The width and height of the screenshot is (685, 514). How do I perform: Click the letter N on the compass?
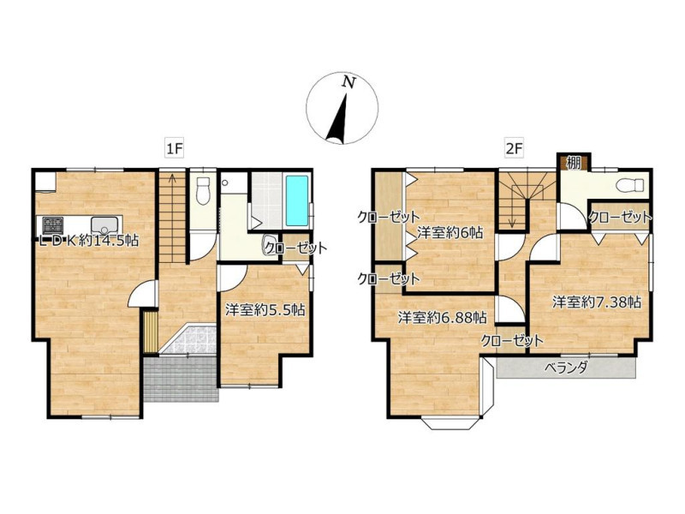click(x=348, y=82)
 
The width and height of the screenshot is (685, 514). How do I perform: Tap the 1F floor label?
click(x=174, y=148)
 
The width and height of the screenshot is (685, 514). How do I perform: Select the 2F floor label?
click(x=515, y=148)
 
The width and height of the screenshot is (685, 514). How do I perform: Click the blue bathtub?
click(x=297, y=200)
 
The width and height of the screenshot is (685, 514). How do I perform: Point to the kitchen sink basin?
click(x=104, y=225)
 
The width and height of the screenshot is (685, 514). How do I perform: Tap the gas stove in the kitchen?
click(x=52, y=225)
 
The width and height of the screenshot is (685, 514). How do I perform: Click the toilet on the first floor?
click(x=203, y=191)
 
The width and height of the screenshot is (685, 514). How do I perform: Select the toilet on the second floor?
click(x=630, y=185)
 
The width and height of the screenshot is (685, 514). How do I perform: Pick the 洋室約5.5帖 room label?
click(x=265, y=310)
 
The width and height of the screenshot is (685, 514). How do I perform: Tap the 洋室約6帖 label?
click(x=450, y=233)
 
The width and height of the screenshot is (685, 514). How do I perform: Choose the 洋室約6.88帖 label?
click(x=442, y=317)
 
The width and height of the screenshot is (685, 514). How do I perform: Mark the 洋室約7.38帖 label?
click(x=596, y=302)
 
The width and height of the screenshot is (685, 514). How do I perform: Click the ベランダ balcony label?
click(x=566, y=368)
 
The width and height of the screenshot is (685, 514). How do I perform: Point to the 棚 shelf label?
click(x=573, y=163)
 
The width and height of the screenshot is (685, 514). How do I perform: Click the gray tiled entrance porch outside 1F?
click(x=181, y=379)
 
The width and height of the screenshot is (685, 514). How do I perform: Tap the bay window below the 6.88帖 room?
click(x=451, y=424)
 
